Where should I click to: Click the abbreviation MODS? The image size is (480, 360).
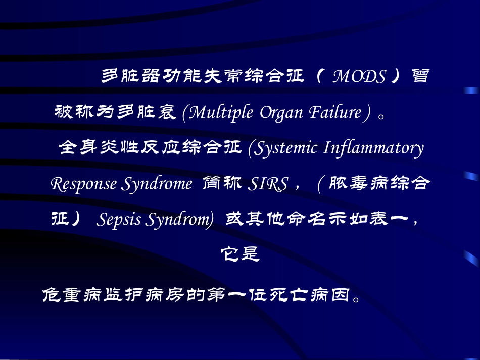(x=359, y=77)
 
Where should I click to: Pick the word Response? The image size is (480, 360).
(x=84, y=184)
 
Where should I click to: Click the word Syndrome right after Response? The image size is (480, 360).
(x=157, y=184)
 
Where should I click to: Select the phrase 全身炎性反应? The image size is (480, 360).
(x=117, y=148)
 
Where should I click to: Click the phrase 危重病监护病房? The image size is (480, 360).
(x=114, y=294)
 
